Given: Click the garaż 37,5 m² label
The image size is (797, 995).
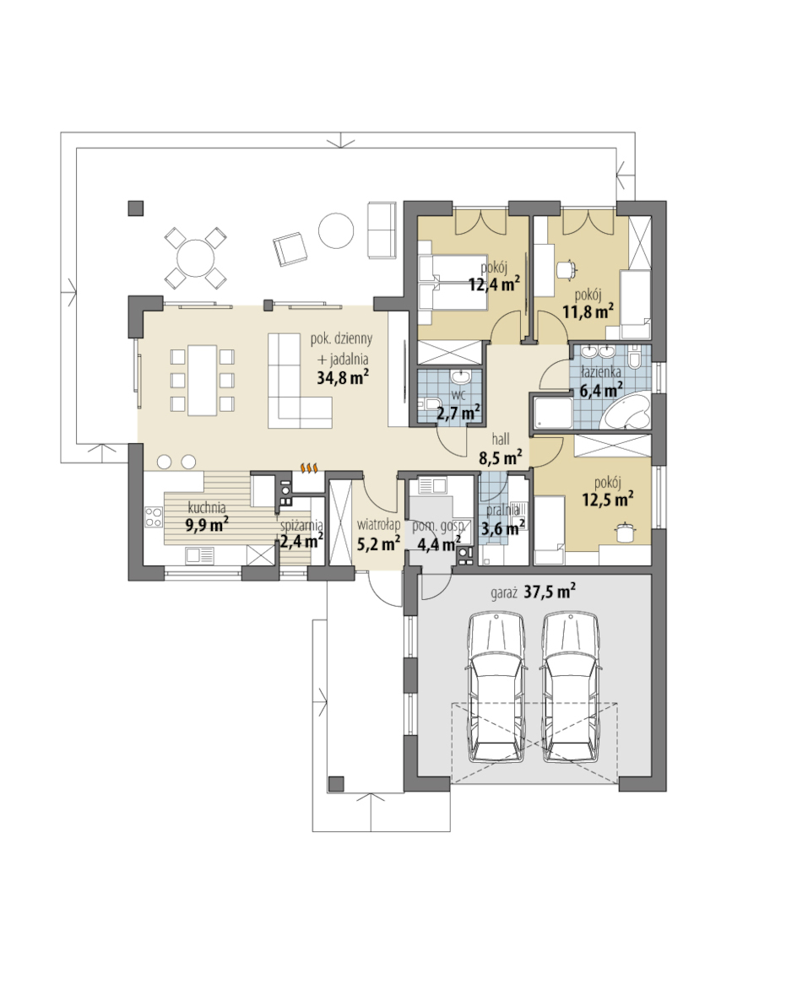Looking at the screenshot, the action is pyautogui.click(x=534, y=592).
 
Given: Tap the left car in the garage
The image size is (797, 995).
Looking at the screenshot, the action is pyautogui.click(x=496, y=687).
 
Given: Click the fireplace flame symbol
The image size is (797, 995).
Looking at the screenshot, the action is pyautogui.click(x=309, y=468).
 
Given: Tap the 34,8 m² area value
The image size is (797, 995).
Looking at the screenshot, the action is pyautogui.click(x=343, y=377).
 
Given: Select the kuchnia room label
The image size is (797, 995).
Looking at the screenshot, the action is pyautogui.click(x=207, y=508).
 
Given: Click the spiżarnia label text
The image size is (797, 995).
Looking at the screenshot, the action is pyautogui.click(x=301, y=526).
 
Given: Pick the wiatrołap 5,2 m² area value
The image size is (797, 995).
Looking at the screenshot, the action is pyautogui.click(x=378, y=543).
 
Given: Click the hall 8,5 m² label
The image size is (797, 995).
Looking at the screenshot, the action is pyautogui.click(x=501, y=447).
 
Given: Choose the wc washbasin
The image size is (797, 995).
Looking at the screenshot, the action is pyautogui.click(x=460, y=378).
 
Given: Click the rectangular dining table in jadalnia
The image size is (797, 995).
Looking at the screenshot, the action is pyautogui.click(x=202, y=380).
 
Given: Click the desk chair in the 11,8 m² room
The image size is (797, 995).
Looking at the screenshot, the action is pyautogui.click(x=566, y=270).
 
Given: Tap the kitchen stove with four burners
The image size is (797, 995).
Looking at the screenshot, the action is pyautogui.click(x=153, y=516).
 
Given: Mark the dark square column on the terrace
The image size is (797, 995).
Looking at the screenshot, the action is pyautogui.click(x=136, y=208).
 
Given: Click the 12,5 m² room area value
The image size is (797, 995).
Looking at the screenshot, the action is pyautogui.click(x=608, y=500).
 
